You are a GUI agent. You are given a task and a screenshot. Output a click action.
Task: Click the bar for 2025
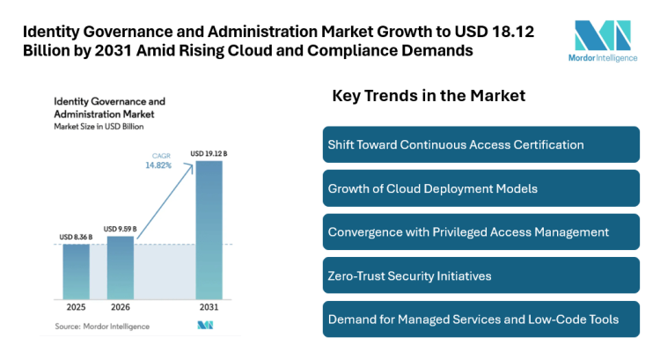coord(77,270)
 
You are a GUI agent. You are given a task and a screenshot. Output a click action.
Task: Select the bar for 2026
coord(120,266)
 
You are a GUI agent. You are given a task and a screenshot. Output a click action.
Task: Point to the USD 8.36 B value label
coord(77,236)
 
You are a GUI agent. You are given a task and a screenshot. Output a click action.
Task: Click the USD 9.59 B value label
coord(121,229)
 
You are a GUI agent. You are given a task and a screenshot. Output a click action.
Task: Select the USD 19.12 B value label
coord(208,155)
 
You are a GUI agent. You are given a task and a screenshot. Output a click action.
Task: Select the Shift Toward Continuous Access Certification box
coord(480,144)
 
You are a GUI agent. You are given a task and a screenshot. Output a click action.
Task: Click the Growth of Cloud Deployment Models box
coord(480,188)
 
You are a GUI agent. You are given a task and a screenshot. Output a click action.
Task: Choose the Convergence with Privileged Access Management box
coord(480,232)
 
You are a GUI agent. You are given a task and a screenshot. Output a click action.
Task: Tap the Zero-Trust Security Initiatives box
coord(480,276)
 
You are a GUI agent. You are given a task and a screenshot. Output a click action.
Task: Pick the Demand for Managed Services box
coord(480,319)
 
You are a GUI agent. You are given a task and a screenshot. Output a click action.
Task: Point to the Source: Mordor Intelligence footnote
coord(102,326)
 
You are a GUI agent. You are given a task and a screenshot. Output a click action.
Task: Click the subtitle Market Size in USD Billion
coord(99,127)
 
